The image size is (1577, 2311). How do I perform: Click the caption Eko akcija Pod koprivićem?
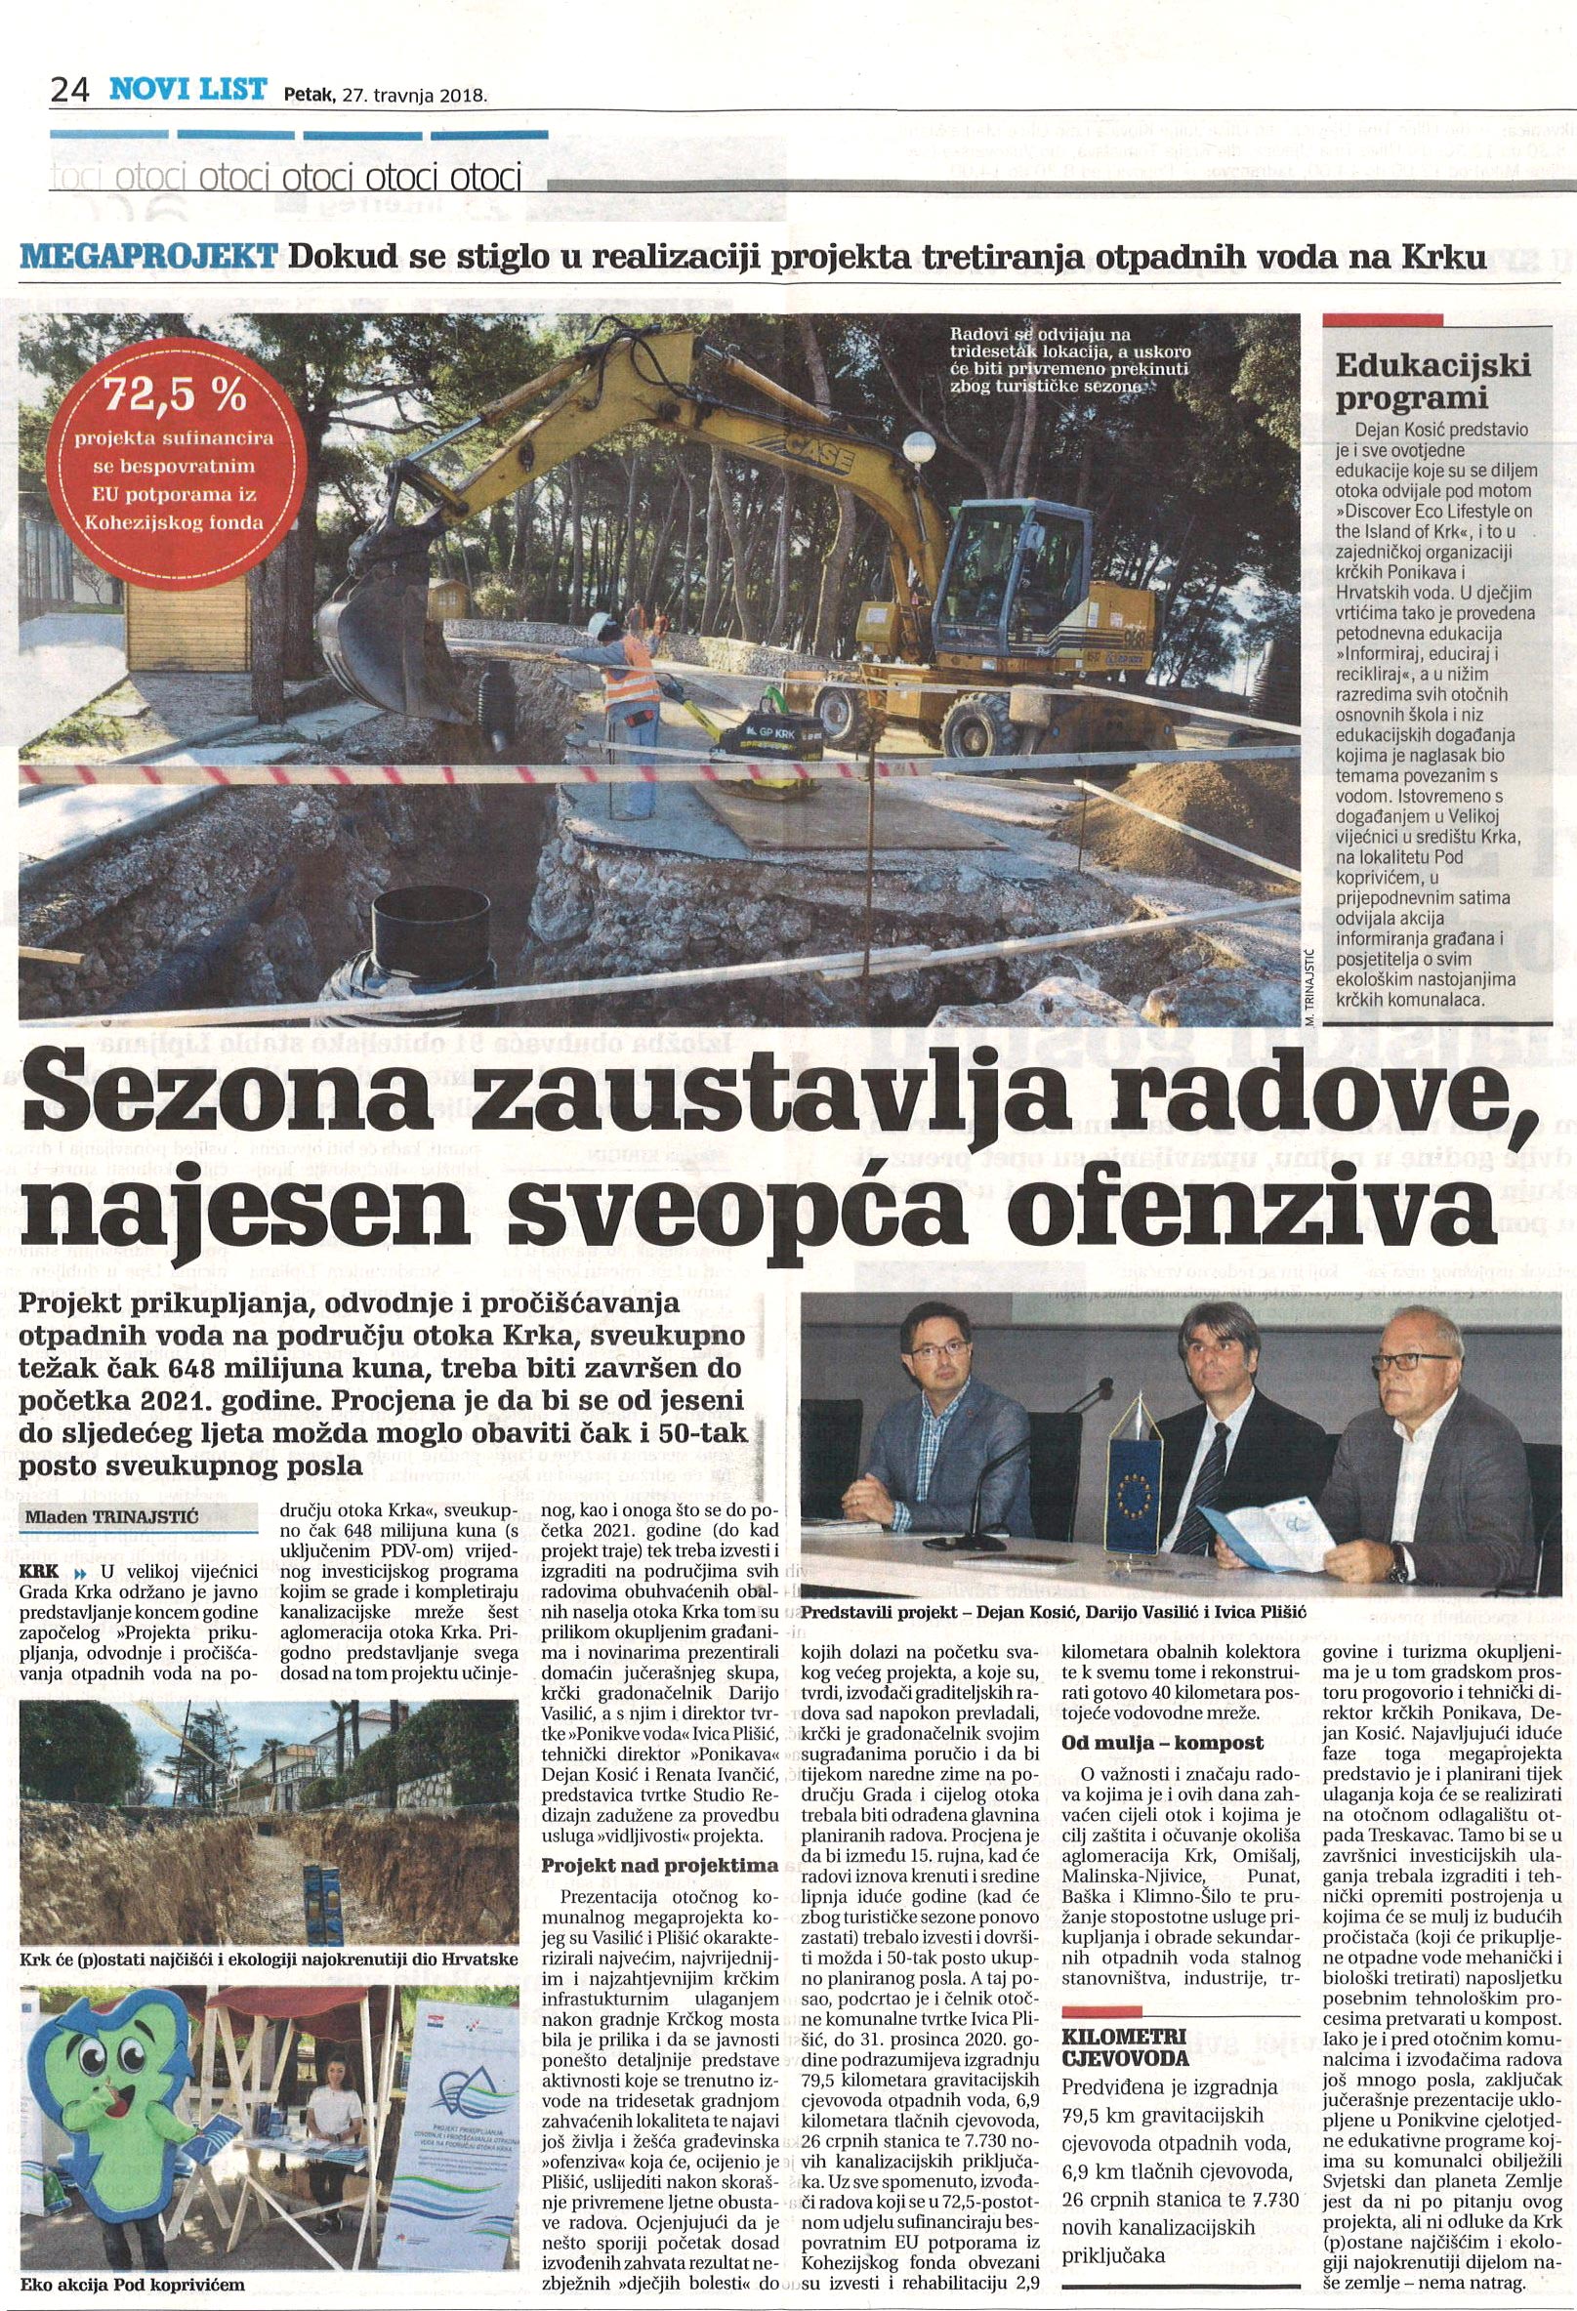pos(130,2286)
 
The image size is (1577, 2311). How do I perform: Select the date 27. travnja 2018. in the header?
pos(414,97)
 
